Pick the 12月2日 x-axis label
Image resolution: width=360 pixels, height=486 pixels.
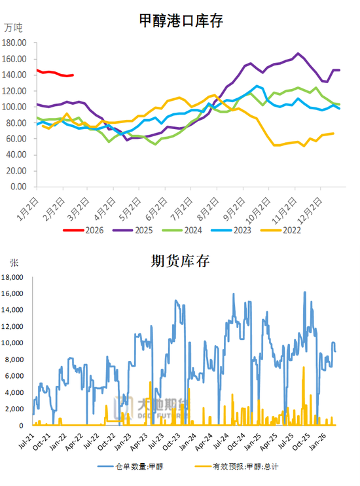pos(315,204)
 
